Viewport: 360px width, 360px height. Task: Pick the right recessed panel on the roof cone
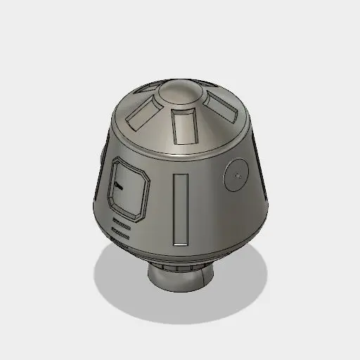[222, 106]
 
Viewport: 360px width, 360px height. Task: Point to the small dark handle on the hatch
[117, 186]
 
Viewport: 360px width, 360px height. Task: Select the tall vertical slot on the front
[181, 208]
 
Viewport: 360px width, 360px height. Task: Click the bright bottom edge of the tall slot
[181, 242]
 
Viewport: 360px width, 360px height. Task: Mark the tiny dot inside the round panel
[240, 172]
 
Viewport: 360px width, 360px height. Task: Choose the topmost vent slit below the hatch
[120, 220]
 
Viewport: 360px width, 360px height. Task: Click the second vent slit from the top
[120, 226]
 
